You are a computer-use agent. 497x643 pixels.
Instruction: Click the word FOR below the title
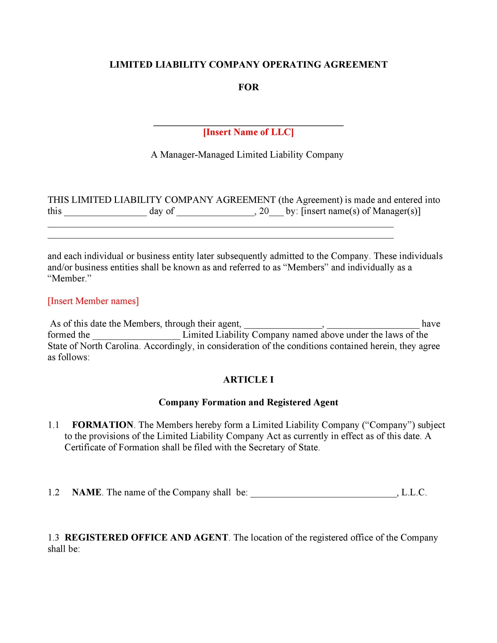(x=248, y=87)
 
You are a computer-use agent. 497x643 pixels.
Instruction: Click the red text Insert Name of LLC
(x=248, y=132)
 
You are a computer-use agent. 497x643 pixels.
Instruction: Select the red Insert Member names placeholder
(x=93, y=301)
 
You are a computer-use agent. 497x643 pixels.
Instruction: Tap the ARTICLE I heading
(x=248, y=380)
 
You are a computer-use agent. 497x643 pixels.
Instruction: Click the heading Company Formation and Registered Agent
(x=248, y=403)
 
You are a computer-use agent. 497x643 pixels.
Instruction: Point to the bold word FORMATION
(x=102, y=425)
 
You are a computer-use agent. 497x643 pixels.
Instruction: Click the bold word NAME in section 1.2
(x=86, y=492)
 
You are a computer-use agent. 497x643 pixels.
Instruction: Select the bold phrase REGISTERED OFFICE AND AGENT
(x=146, y=537)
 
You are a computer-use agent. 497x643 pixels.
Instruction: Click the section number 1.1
(x=54, y=425)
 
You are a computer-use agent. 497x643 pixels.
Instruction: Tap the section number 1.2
(x=54, y=492)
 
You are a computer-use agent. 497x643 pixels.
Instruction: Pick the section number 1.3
(x=54, y=537)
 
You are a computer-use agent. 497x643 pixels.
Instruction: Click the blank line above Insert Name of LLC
(x=248, y=125)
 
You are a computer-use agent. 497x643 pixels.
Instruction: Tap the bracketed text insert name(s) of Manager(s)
(x=361, y=211)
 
